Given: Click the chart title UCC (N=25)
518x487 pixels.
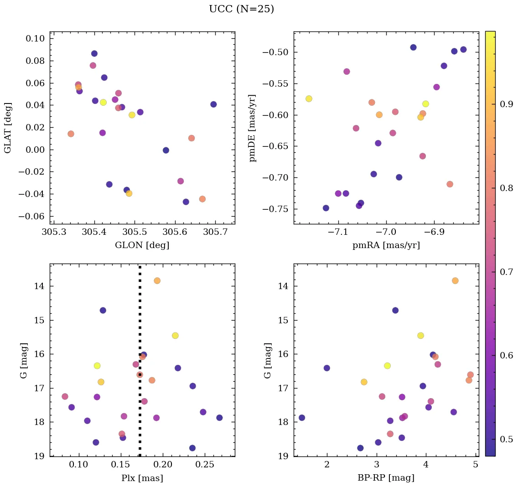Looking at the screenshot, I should click(x=241, y=9).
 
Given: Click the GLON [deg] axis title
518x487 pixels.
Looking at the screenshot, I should click(x=142, y=245).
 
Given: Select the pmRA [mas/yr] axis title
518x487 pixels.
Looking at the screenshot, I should click(x=386, y=245).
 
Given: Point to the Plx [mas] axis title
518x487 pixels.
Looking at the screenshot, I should click(x=142, y=478).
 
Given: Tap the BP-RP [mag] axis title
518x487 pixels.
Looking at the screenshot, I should click(x=386, y=478).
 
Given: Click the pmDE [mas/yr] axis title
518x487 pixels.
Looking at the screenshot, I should click(x=253, y=128).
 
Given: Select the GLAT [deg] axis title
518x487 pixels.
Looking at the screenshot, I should click(x=8, y=128).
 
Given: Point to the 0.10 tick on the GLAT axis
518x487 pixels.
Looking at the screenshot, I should click(x=35, y=38).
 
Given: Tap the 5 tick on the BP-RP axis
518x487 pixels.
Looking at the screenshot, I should click(x=476, y=466).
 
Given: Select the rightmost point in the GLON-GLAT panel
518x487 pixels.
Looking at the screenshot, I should click(x=213, y=104).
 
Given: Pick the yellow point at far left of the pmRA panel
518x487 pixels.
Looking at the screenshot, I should click(x=309, y=98).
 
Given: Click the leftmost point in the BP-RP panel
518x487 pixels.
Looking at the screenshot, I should click(x=302, y=418).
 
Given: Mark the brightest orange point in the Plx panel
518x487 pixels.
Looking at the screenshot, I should click(x=157, y=280).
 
